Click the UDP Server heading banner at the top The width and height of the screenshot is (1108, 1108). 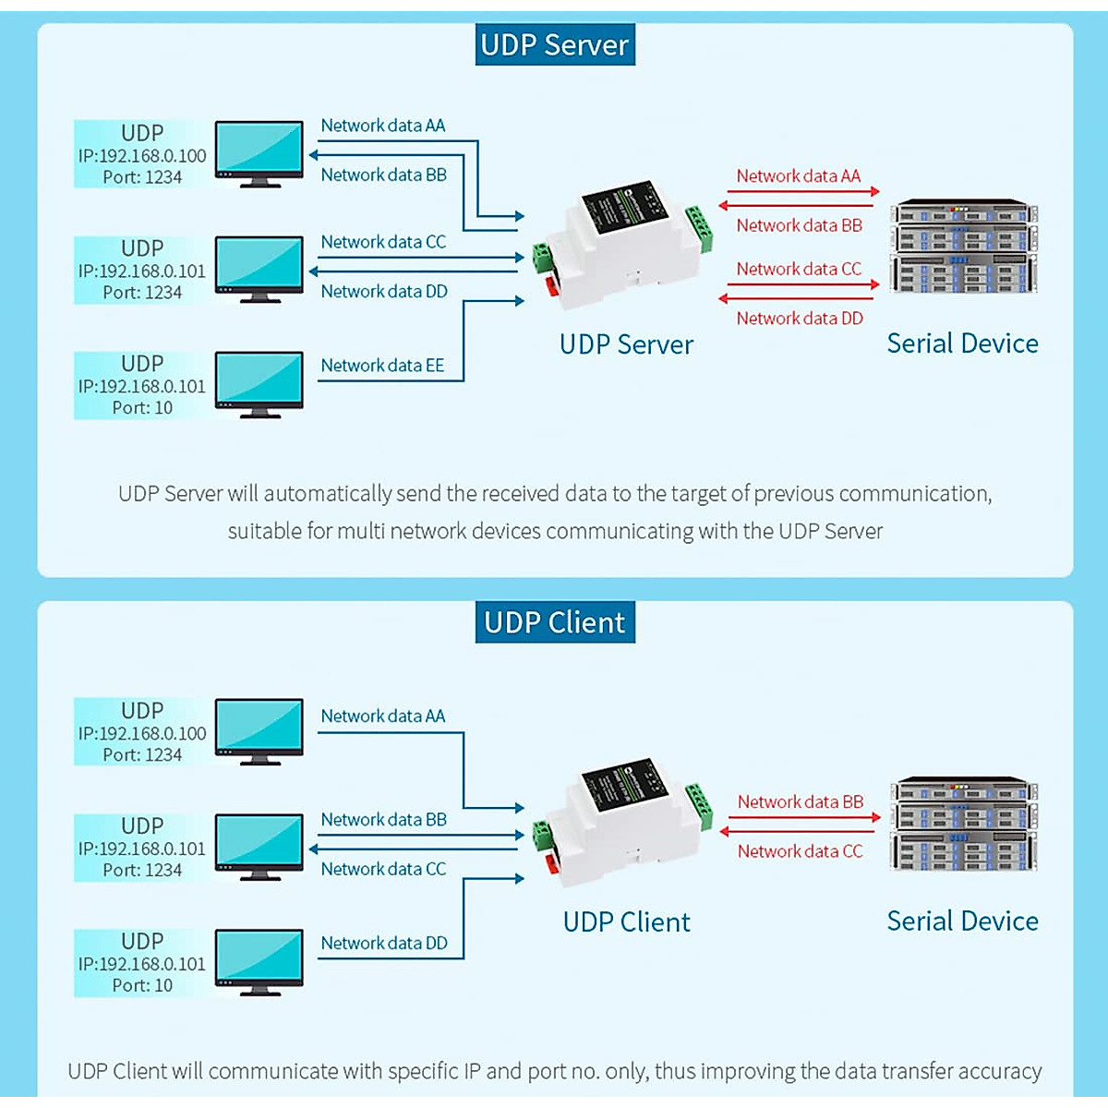[555, 45]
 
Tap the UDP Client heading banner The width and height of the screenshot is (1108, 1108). [555, 622]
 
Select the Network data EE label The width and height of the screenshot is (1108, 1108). [382, 366]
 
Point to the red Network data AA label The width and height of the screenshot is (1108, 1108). [798, 176]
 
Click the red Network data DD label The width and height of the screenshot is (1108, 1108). [800, 319]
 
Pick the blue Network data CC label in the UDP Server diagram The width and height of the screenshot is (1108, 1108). [383, 242]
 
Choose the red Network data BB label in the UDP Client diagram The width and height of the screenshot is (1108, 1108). [801, 802]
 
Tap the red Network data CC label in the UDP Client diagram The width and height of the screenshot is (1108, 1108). [800, 851]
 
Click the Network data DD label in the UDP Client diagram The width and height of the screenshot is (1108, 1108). [384, 944]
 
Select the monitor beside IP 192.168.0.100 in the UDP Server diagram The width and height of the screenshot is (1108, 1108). [259, 152]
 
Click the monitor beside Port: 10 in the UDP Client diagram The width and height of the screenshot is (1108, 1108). [259, 961]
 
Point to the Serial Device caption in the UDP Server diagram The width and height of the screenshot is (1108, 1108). [962, 343]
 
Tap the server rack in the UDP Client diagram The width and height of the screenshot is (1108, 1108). [964, 825]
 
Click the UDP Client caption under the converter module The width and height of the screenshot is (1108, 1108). [626, 922]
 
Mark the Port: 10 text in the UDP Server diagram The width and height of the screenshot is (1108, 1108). [142, 408]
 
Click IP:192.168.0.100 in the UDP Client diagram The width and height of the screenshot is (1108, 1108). [142, 734]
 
